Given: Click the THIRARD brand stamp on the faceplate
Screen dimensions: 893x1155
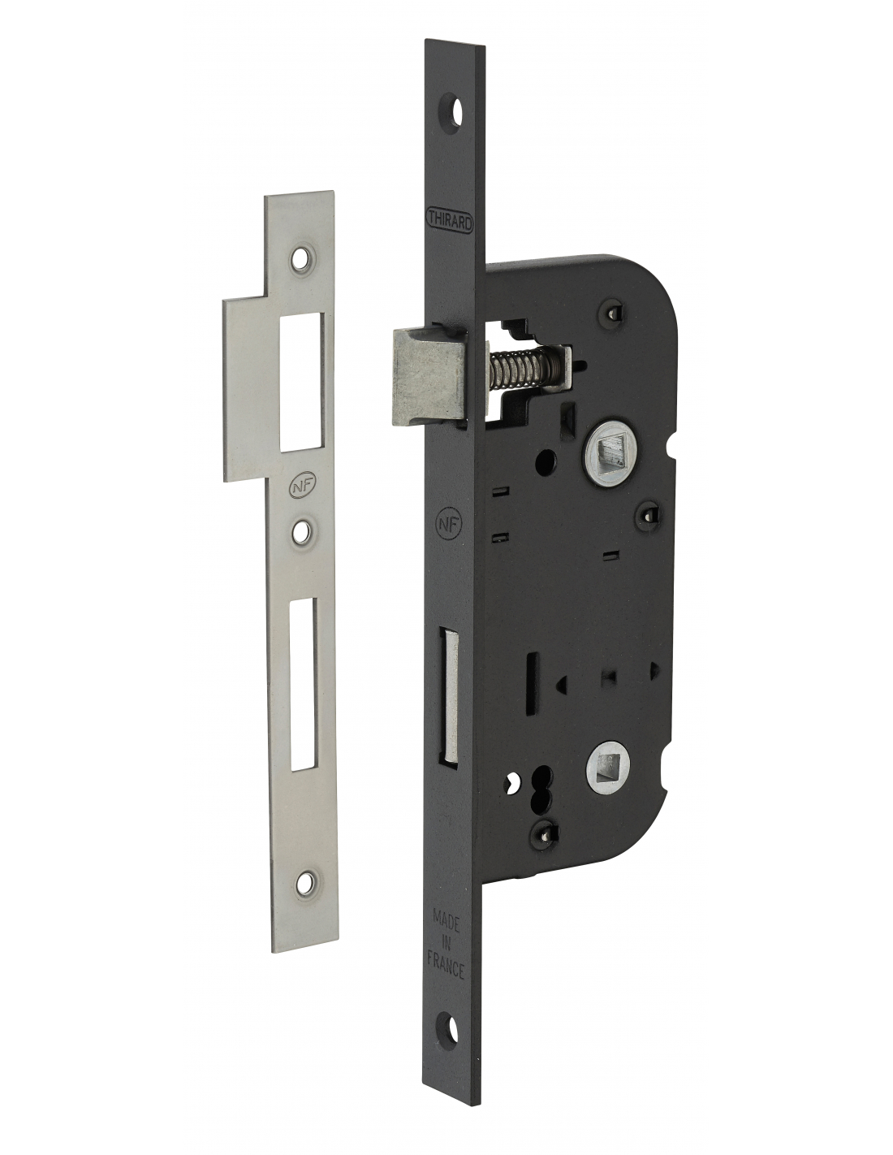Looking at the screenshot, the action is [x=450, y=221].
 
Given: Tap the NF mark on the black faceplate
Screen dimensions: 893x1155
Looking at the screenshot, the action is [x=448, y=524].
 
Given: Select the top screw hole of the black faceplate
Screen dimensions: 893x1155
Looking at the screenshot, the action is [x=451, y=110].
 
